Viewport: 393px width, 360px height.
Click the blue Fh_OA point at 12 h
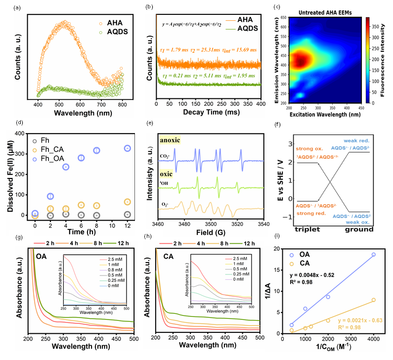click(127, 148)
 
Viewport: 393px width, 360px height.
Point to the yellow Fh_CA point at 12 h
click(127, 202)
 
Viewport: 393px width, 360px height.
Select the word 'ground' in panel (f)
click(355, 230)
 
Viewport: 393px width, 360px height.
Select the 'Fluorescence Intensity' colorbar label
click(386, 60)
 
